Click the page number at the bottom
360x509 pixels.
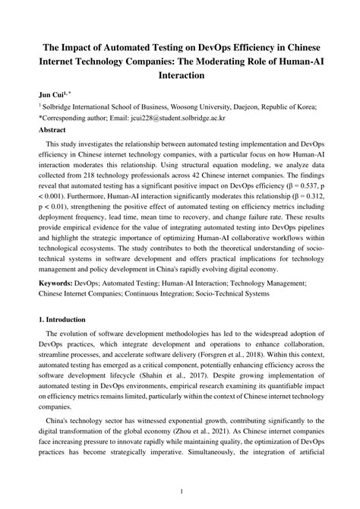(x=180, y=492)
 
